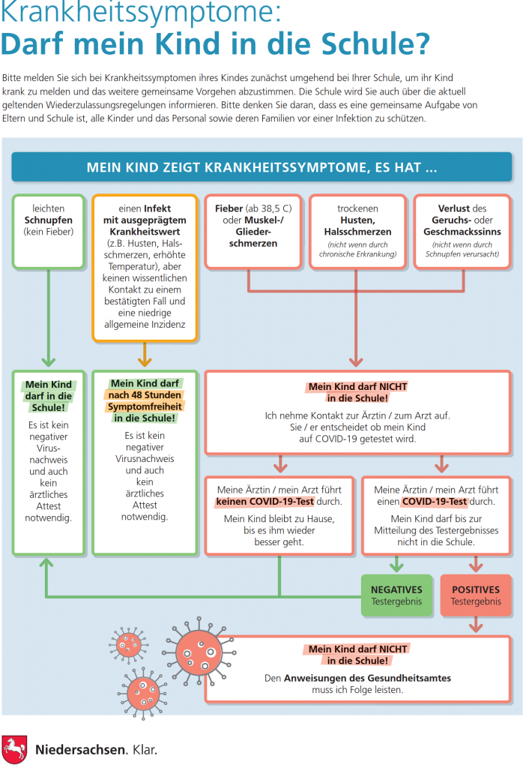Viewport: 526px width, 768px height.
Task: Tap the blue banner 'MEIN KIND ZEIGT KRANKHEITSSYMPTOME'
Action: [x=262, y=167]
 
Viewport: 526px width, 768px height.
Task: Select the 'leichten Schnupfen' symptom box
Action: [x=49, y=231]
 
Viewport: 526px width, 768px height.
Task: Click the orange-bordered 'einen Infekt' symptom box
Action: [x=145, y=268]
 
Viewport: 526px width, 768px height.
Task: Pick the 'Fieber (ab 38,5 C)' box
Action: [x=253, y=231]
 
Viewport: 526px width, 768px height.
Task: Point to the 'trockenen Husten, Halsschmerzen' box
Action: [x=357, y=231]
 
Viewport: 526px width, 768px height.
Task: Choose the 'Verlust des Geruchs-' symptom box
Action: [x=462, y=231]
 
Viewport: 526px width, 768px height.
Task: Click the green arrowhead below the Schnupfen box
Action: [x=49, y=361]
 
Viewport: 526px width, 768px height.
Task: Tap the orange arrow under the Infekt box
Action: [x=145, y=355]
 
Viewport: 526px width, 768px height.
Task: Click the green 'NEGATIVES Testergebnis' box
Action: [x=397, y=595]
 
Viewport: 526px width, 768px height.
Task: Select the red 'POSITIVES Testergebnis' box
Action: [x=476, y=595]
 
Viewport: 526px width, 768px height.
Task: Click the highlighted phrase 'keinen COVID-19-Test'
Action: [x=265, y=502]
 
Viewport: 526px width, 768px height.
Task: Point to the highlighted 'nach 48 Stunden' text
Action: [x=145, y=394]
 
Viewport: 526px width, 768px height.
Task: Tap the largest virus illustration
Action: [x=199, y=652]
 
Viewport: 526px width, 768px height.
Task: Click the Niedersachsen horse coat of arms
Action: [x=14, y=749]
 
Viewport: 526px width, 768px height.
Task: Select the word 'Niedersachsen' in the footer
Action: [x=81, y=749]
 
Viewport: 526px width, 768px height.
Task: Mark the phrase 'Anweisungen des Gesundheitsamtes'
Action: [x=367, y=678]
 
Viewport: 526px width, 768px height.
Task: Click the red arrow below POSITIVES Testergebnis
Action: [x=476, y=625]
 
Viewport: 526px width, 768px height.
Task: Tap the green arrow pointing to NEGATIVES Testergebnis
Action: [x=397, y=564]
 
